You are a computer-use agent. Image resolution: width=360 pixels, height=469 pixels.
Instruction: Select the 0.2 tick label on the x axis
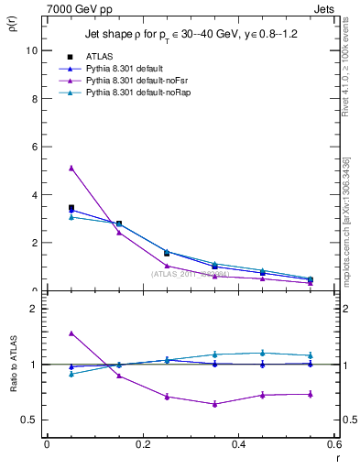[x=143, y=444]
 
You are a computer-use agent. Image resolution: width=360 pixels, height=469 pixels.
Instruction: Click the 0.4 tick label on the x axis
[x=239, y=444]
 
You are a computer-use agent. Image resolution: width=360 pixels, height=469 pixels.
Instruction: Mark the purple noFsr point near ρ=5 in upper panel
[x=71, y=168]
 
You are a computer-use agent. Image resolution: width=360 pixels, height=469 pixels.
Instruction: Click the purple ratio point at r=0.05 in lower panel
[x=71, y=333]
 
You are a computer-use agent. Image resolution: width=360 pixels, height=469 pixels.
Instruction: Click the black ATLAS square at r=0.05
[x=71, y=208]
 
